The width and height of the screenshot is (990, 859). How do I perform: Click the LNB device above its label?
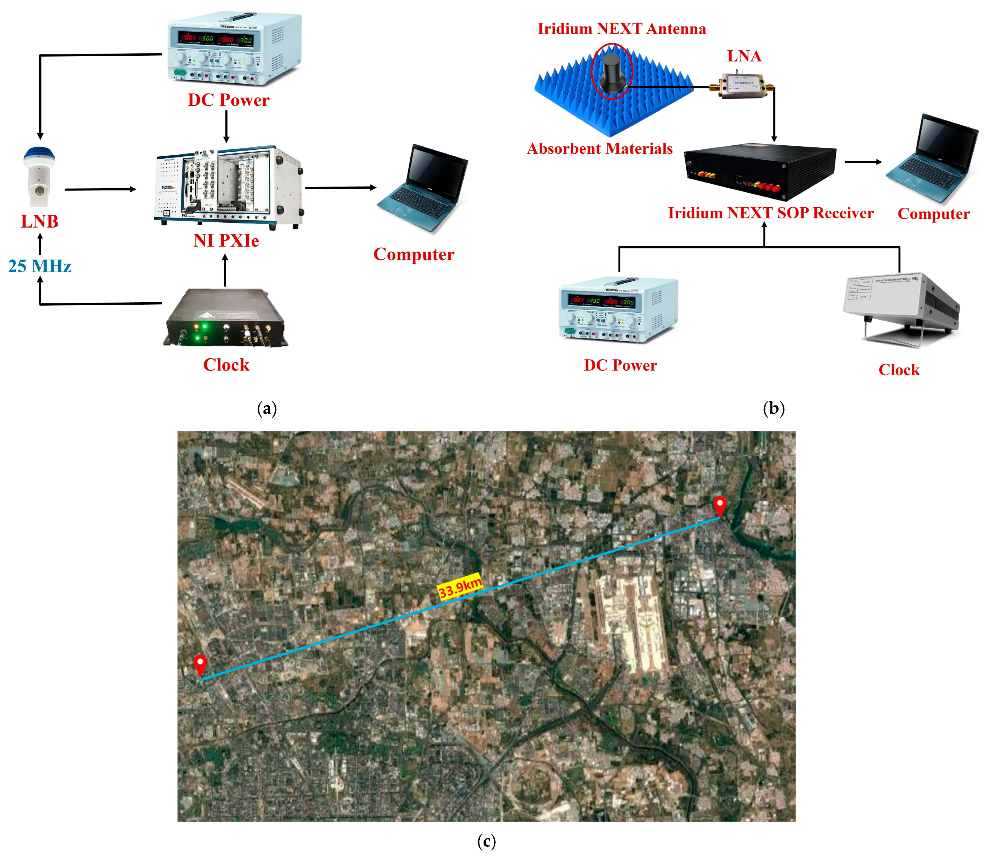coord(39,177)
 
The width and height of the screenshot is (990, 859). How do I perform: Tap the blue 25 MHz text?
coord(40,266)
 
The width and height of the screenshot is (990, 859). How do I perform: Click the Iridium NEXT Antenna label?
coord(622,29)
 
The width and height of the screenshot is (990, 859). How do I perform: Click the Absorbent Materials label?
coord(600,148)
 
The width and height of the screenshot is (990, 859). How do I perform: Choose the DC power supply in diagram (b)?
coord(619,309)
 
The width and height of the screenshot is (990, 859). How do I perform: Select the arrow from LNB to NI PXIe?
coord(100,189)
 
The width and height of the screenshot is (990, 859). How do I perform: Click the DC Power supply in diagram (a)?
coord(235,48)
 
